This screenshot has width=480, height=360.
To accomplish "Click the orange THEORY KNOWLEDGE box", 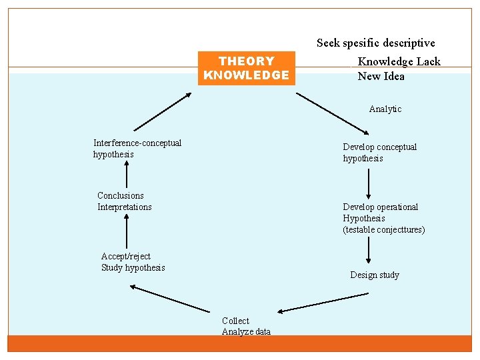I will (x=246, y=68).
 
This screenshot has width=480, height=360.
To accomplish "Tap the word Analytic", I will (x=385, y=109).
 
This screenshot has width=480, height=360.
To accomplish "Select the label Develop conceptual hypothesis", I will (x=379, y=153).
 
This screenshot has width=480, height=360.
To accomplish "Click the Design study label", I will (x=375, y=275).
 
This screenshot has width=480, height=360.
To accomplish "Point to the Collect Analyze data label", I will (x=246, y=326).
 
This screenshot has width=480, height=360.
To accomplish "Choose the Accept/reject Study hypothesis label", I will (x=133, y=262).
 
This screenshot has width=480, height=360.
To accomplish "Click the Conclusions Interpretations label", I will (x=125, y=201).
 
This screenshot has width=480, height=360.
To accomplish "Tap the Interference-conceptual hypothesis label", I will (x=137, y=149).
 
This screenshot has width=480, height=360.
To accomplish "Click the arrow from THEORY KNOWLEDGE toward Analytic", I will (x=331, y=112).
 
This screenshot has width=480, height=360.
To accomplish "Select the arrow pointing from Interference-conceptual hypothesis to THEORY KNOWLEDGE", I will (x=162, y=111).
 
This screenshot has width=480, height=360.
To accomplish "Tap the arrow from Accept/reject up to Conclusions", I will (x=126, y=234).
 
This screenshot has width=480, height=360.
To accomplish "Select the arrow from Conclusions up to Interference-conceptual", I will (x=126, y=175).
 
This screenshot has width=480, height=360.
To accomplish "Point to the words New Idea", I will (x=381, y=76).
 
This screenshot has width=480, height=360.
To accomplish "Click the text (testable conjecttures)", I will (x=384, y=230).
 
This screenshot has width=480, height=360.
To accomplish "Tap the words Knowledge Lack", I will (x=399, y=61).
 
